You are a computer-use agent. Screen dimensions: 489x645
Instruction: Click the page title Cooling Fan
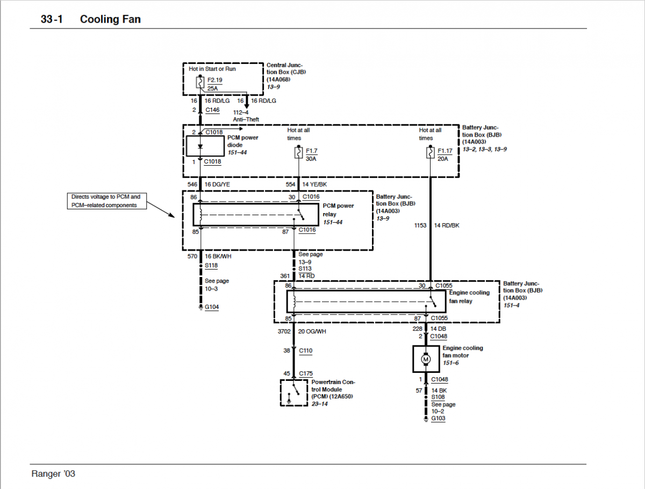(x=110, y=19)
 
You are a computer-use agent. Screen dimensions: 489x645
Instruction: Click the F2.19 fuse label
(x=214, y=80)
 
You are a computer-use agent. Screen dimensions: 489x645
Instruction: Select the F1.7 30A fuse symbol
(x=297, y=153)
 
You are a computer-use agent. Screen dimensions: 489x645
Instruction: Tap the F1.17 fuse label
(x=445, y=151)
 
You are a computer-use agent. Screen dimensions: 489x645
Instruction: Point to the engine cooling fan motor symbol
(x=426, y=359)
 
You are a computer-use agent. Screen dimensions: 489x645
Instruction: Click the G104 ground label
(x=212, y=307)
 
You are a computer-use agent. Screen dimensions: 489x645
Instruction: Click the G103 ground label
(x=438, y=419)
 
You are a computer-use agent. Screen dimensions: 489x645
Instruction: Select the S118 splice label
(x=211, y=266)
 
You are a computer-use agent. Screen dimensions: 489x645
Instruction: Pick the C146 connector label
(x=213, y=110)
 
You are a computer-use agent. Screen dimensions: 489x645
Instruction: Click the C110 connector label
(x=306, y=351)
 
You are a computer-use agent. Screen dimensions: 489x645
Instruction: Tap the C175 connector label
(x=306, y=373)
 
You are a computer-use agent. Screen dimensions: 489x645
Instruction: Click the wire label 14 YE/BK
(x=314, y=184)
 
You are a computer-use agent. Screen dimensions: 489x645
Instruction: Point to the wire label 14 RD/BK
(x=447, y=225)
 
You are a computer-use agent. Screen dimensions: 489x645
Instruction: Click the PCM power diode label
(x=242, y=141)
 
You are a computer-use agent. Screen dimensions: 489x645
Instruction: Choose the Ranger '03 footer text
(x=53, y=474)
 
